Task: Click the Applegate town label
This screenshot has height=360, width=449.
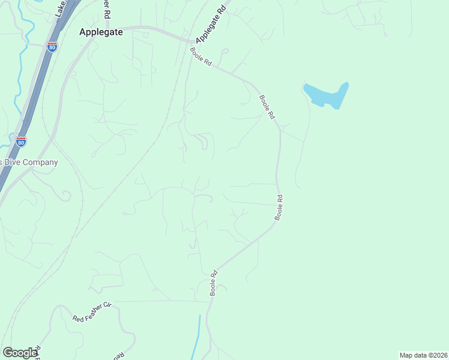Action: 101,33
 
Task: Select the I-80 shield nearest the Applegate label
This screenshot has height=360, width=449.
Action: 53,46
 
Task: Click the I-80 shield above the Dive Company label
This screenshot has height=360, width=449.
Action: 21,142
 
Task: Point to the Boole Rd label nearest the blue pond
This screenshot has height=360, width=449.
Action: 267,106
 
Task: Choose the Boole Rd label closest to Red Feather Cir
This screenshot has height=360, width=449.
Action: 213,283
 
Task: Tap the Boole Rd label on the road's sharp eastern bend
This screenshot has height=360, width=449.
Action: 279,207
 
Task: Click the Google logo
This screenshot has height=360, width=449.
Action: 20,352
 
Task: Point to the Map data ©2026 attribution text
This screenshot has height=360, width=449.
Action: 423,355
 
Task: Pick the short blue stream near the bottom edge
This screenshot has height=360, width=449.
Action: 197,339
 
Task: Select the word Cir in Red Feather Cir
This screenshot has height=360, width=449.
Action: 107,305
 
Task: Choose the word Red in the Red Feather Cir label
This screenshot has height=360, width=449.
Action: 77,318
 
